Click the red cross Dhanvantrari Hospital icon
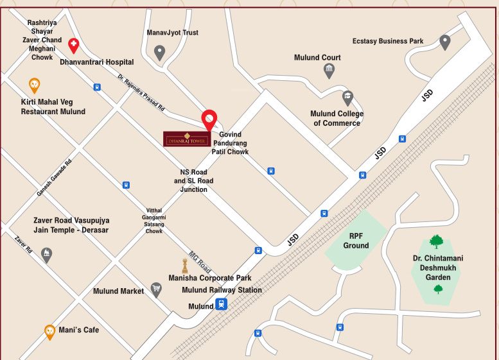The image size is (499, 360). pyautogui.click(x=74, y=45)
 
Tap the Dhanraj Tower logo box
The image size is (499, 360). pyautogui.click(x=186, y=139)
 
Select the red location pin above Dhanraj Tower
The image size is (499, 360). pyautogui.click(x=209, y=120)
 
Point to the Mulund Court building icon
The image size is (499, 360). pyautogui.click(x=329, y=70)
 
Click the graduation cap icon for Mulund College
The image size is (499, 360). pyautogui.click(x=347, y=98)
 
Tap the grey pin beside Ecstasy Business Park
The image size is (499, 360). pyautogui.click(x=444, y=42)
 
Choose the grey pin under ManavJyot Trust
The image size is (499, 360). pyautogui.click(x=160, y=53)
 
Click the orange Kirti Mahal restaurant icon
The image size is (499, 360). pyautogui.click(x=35, y=85)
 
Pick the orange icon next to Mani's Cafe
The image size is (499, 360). pyautogui.click(x=49, y=331)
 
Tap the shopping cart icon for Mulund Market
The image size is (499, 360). pyautogui.click(x=155, y=290)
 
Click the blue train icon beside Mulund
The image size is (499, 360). pyautogui.click(x=222, y=304)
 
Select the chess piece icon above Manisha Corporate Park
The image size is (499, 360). pyautogui.click(x=186, y=265)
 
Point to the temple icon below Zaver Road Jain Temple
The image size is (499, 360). pyautogui.click(x=46, y=255)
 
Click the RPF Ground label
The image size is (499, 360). pyautogui.click(x=356, y=240)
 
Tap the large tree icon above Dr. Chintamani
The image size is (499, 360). pyautogui.click(x=437, y=242)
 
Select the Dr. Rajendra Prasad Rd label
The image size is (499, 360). pyautogui.click(x=141, y=93)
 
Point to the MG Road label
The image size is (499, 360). pyautogui.click(x=200, y=261)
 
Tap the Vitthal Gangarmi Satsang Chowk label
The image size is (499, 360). pyautogui.click(x=154, y=221)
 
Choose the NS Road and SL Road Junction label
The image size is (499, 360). pyautogui.click(x=193, y=181)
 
